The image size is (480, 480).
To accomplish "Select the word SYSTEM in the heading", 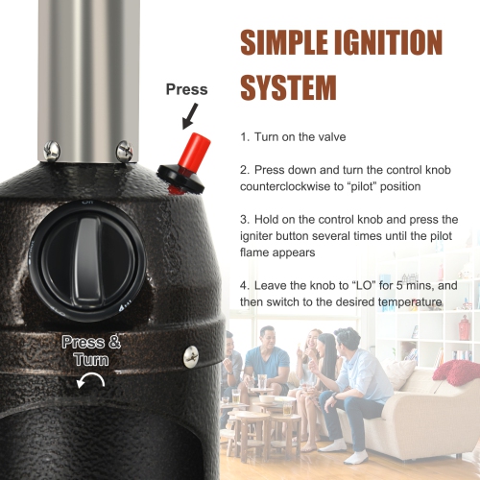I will [x=288, y=87].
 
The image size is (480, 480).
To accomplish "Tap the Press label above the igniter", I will [x=186, y=89].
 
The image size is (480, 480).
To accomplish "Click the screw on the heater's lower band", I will [x=191, y=356].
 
